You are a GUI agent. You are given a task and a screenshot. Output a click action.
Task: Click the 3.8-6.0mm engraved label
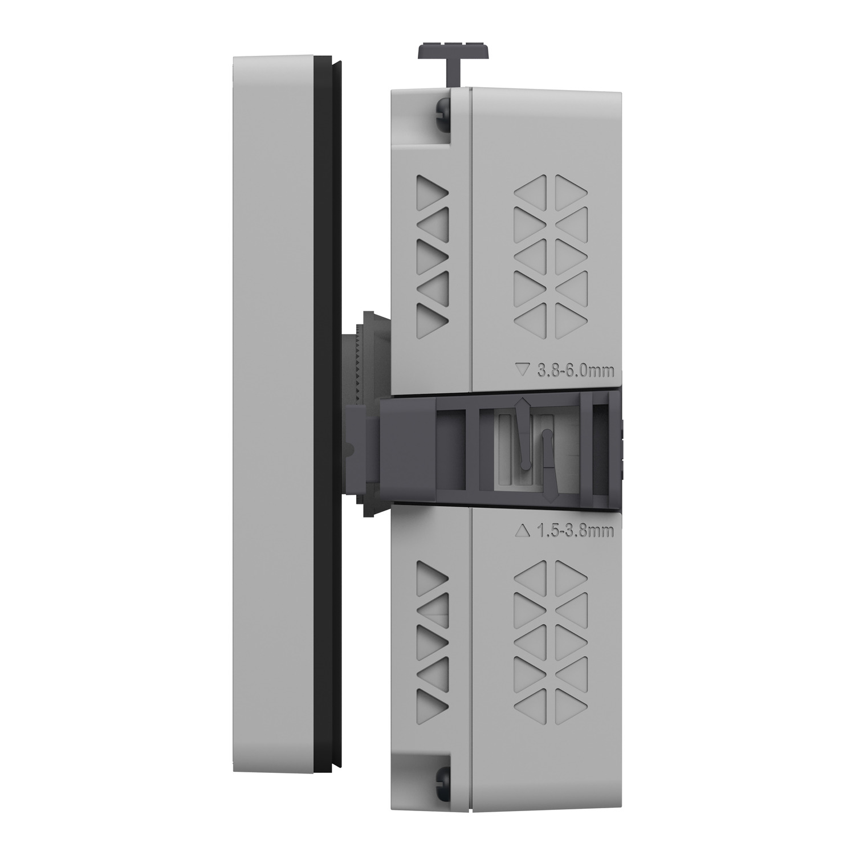(x=576, y=372)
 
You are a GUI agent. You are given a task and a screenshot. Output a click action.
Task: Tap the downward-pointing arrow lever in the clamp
(x=548, y=464)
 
